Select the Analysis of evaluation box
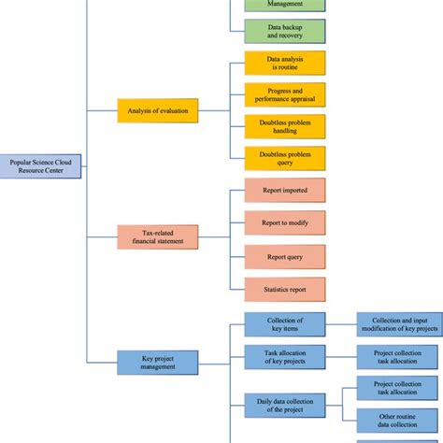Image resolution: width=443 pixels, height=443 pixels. (x=157, y=111)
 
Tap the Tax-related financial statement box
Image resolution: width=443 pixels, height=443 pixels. (x=157, y=236)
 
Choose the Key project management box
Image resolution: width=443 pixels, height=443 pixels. (x=157, y=362)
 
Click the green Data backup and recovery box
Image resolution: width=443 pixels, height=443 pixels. (x=284, y=31)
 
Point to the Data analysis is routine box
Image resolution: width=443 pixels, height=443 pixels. (x=284, y=63)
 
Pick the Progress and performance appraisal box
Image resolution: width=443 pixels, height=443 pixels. (x=284, y=94)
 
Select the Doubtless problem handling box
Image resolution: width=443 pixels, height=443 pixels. (x=284, y=126)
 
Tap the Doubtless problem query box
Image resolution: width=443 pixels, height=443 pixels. (x=284, y=157)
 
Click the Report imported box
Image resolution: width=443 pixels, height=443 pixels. (x=284, y=191)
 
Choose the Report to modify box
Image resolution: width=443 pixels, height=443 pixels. (x=284, y=222)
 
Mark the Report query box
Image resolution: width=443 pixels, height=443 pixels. (x=284, y=255)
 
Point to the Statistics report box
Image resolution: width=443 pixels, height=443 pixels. (x=284, y=289)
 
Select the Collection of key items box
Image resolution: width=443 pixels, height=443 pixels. (x=284, y=323)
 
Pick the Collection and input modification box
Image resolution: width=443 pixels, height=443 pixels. (x=399, y=323)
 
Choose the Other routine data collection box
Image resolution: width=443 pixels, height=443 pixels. (x=399, y=420)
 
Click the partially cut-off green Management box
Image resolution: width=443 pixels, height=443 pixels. (x=284, y=5)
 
